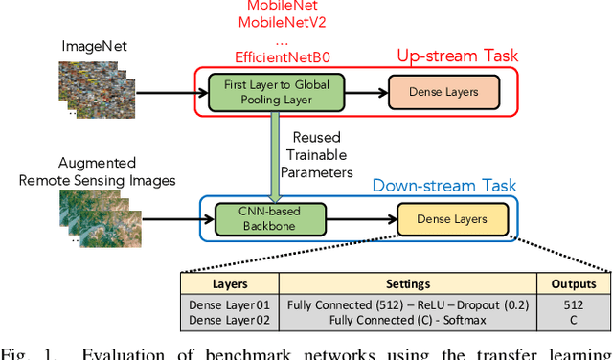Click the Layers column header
pyautogui.click(x=230, y=284)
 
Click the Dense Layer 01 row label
pyautogui.click(x=229, y=304)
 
